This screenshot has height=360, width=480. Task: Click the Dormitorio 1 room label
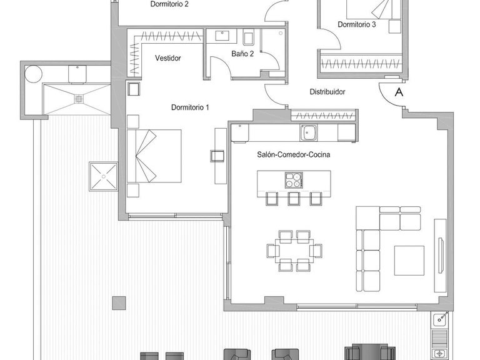[x=190, y=107]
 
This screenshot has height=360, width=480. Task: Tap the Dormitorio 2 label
[x=169, y=4]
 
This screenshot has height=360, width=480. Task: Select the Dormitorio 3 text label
[x=356, y=25]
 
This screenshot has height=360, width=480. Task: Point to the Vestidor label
[x=167, y=58]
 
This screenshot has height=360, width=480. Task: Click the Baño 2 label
[x=242, y=54]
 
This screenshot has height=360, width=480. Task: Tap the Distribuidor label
[x=327, y=92]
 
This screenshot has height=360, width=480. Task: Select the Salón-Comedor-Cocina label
[x=293, y=154]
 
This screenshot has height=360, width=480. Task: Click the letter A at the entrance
[x=398, y=92]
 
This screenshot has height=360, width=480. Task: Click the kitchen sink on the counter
[x=308, y=132]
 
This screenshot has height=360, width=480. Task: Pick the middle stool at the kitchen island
[x=294, y=199]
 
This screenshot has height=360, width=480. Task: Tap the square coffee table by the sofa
[x=409, y=261]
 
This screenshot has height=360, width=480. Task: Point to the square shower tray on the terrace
[x=102, y=176]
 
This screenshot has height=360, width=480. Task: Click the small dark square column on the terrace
[x=119, y=303]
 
